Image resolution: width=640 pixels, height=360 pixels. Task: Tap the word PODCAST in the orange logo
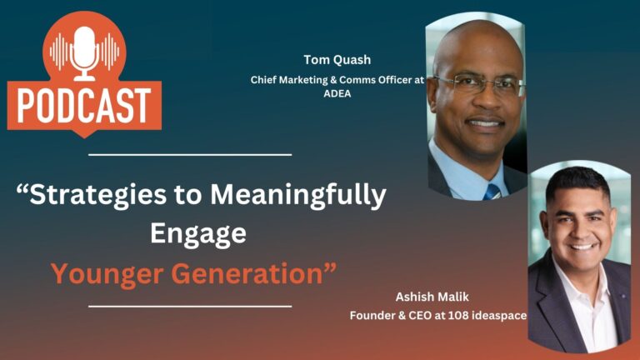coord(84,106)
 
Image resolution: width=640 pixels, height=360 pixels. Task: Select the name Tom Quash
coord(337,60)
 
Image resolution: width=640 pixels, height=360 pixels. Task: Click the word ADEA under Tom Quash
coord(337,93)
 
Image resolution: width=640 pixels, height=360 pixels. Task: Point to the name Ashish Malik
coord(432,297)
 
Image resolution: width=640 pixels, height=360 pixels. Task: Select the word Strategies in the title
coord(97,195)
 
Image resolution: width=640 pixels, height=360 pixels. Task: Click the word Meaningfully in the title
coord(298,196)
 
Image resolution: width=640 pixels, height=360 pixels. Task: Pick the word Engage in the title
coord(198,234)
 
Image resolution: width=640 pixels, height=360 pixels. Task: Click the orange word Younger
coord(107,274)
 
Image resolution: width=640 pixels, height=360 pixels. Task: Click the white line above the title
coord(190,155)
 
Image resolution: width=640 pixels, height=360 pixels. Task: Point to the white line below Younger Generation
coord(190,306)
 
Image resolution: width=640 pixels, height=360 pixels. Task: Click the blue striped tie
coord(492,192)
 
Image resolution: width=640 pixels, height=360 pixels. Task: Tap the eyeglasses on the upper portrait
coord(480,85)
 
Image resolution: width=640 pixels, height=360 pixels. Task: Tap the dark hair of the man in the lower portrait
coord(577,182)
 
